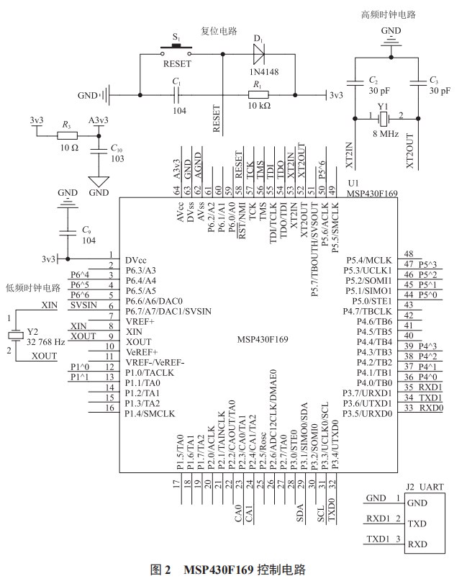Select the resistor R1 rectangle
point(258,94)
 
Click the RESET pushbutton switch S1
point(176,49)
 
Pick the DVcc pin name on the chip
point(137,260)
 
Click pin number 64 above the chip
point(176,191)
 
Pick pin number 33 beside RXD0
point(408,408)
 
